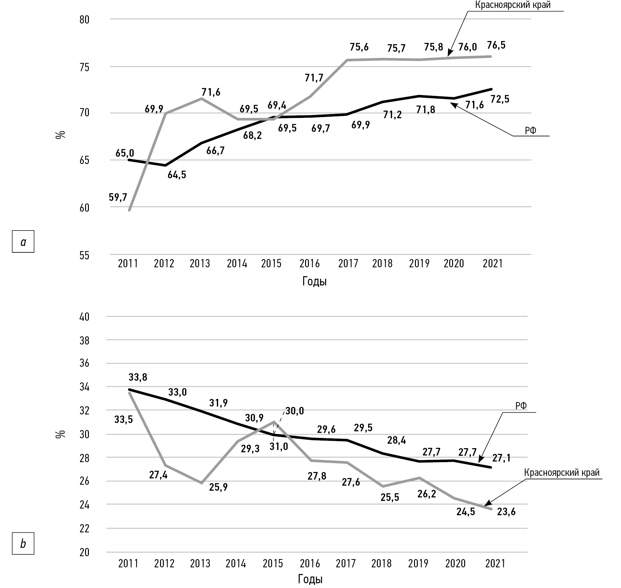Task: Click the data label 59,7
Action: (x=118, y=197)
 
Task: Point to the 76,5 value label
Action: (x=496, y=45)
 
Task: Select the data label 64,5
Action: (x=177, y=175)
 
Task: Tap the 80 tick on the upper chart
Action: (x=84, y=20)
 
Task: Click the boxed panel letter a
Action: (x=23, y=242)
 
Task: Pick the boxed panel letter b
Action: (x=23, y=544)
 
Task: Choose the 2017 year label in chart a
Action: (x=348, y=263)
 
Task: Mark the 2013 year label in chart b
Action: (x=200, y=564)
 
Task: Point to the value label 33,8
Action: (x=138, y=377)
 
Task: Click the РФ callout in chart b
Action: (x=521, y=406)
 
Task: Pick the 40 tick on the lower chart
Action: (x=84, y=317)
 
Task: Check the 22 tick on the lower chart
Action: (x=84, y=529)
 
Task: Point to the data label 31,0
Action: (x=279, y=447)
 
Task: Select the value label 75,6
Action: (x=359, y=47)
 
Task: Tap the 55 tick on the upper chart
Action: (x=84, y=256)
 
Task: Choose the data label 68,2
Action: (x=253, y=136)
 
